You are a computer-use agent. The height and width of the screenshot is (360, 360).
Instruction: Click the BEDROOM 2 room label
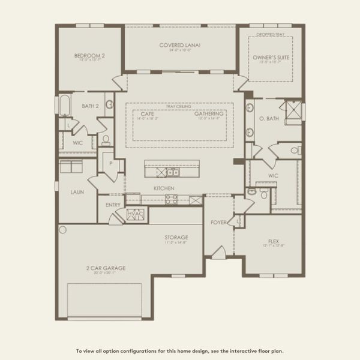[x=89, y=56]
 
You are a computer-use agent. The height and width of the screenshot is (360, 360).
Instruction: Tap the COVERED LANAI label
[x=179, y=45]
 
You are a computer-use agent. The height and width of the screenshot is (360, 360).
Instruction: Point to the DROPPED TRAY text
[x=271, y=34]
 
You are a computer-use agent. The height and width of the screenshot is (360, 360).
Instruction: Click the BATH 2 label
[x=90, y=106]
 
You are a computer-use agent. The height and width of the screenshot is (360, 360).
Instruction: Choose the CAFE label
[x=148, y=114]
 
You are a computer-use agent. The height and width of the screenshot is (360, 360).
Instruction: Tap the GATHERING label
[x=209, y=114]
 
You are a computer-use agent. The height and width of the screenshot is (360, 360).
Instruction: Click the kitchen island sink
[x=171, y=172]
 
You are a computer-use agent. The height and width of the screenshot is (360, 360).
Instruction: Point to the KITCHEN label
[x=164, y=188]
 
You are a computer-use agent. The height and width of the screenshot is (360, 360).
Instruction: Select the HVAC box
[x=136, y=214]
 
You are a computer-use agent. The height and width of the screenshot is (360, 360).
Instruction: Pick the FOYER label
[x=218, y=223]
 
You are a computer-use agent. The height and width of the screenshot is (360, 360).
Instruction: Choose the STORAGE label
[x=176, y=238]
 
